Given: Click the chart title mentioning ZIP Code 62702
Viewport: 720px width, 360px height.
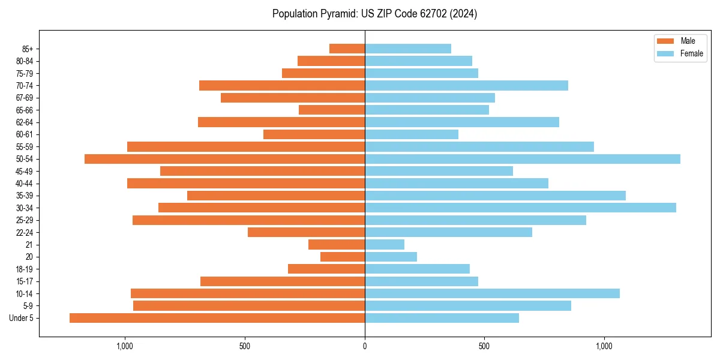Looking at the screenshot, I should [x=374, y=14].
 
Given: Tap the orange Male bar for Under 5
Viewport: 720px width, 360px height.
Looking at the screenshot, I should [x=217, y=318].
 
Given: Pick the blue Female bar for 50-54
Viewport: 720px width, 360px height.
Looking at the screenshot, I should [x=522, y=159].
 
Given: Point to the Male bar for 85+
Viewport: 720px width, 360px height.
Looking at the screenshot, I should [x=347, y=49].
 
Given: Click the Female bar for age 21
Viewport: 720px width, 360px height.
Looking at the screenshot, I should [x=385, y=244].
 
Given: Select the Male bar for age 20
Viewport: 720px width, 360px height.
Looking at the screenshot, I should [x=343, y=257].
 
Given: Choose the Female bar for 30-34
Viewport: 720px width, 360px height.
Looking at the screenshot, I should [x=520, y=208].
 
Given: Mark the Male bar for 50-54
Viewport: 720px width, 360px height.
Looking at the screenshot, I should [x=225, y=159].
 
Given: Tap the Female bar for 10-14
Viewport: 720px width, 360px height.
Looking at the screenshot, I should [x=492, y=293].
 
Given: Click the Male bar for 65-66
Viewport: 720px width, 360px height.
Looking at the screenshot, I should [x=332, y=110].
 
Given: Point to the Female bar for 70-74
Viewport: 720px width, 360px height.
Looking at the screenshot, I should [x=466, y=85].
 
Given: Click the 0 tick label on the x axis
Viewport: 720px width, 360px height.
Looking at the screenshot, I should [x=365, y=346].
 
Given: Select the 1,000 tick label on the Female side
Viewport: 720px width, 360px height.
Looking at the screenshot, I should [x=604, y=346].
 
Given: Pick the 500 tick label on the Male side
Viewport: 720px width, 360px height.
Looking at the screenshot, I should [x=245, y=346].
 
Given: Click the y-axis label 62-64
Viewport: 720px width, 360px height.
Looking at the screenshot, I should [x=25, y=122].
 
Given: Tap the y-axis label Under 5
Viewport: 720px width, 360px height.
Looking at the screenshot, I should [x=22, y=318].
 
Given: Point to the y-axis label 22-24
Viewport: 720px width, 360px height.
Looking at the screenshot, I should [x=25, y=232].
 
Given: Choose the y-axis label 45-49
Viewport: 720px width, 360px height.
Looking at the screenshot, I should [x=25, y=171].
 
